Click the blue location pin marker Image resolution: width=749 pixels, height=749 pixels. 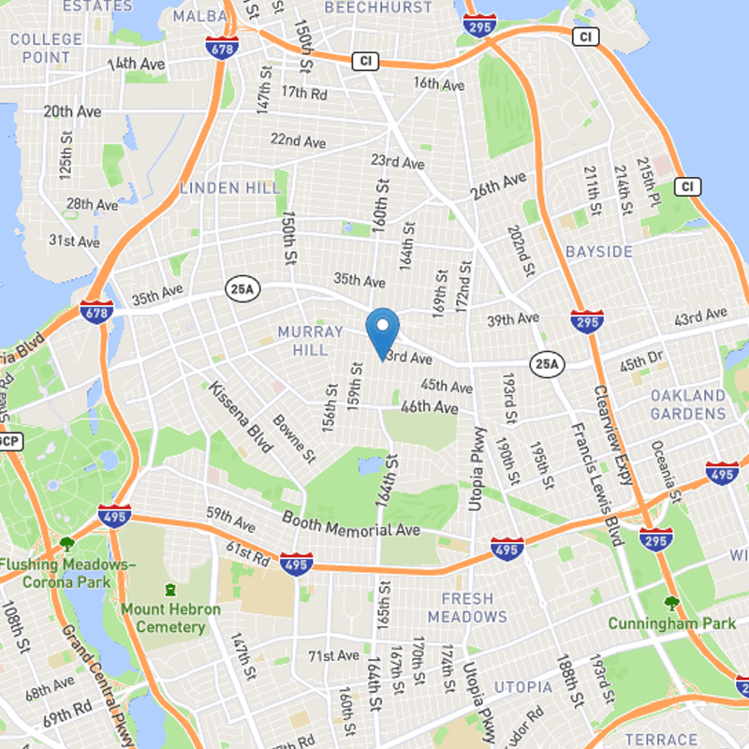click(382, 330)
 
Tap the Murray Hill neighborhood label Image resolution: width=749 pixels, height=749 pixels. click(303, 341)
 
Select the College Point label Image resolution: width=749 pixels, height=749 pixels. click(46, 48)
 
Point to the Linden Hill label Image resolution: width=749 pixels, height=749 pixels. click(229, 188)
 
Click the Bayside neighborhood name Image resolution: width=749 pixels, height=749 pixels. click(599, 252)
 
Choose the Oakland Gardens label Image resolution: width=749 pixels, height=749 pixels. click(688, 404)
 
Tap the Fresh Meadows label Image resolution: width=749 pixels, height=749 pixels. click(467, 608)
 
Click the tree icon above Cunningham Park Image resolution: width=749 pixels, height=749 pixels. click(670, 603)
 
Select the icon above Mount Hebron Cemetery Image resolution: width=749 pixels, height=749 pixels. click(170, 590)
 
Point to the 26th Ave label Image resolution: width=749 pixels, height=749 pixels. click(498, 186)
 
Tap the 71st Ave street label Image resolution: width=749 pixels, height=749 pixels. click(334, 655)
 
